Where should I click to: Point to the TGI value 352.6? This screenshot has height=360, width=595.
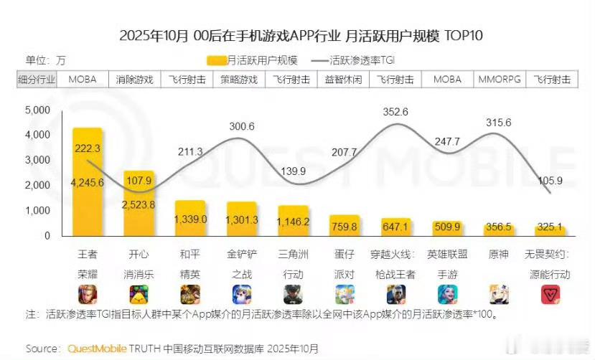pos(395,112)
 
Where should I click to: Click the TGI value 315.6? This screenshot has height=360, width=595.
pos(498,123)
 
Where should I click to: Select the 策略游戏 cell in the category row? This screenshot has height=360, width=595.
pos(238,80)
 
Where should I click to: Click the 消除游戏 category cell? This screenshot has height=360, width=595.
pos(135,80)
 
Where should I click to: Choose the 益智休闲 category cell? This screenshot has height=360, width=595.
pos(342,80)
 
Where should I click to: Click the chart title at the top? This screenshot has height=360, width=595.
pos(297,36)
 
